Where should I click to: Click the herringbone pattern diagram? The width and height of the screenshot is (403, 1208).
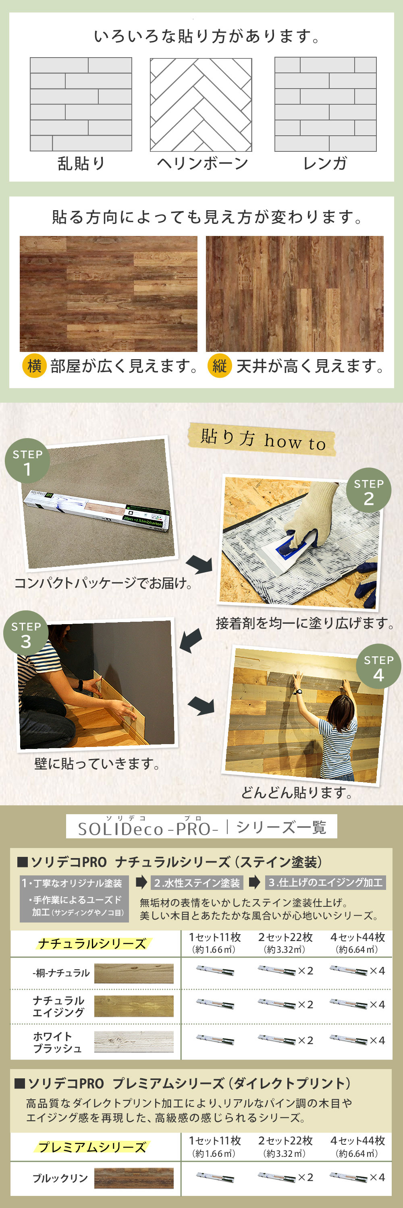[x=201, y=105]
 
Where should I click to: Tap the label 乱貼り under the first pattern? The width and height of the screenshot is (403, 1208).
[x=81, y=163]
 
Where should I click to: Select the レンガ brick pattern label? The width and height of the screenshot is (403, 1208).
[x=325, y=163]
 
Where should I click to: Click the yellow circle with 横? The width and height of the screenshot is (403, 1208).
[x=34, y=366]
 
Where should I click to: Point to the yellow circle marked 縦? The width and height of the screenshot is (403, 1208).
[x=220, y=366]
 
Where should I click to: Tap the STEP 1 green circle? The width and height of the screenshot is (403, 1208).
[x=27, y=461]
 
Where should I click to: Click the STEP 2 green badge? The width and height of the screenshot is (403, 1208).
[x=369, y=490]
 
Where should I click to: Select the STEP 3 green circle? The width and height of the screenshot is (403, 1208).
[x=26, y=633]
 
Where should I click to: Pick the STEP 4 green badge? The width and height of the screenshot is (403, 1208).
[x=378, y=666]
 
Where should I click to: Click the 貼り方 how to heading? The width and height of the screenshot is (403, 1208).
[x=262, y=440]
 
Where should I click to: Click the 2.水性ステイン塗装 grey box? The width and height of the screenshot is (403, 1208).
[x=197, y=883]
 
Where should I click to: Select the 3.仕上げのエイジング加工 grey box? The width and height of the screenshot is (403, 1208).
[x=326, y=883]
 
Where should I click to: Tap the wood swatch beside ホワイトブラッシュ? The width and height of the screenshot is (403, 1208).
[x=134, y=1042]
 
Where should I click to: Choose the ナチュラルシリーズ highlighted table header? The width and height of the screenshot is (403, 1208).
[x=92, y=943]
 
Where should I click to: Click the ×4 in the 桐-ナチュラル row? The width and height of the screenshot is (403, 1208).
[x=377, y=971]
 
